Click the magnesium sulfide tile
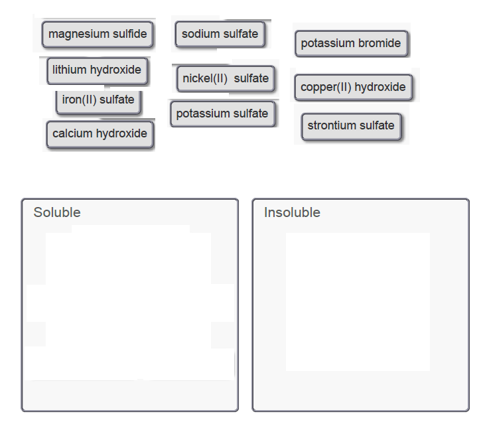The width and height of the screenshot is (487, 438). [x=98, y=35]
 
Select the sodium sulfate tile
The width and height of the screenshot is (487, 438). [x=220, y=35]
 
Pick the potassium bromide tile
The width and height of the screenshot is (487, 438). [x=351, y=44]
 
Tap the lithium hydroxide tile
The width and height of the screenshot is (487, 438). [x=97, y=70]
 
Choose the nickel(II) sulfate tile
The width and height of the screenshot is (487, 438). [x=226, y=79]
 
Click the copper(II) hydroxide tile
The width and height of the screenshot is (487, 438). [x=353, y=88]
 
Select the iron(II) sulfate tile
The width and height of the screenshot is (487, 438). [x=98, y=100]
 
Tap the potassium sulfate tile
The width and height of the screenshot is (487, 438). [x=222, y=114]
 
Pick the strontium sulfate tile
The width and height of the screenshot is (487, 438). [x=351, y=126]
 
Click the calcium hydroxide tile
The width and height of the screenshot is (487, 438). [x=100, y=134]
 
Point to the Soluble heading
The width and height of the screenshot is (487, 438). [x=57, y=213]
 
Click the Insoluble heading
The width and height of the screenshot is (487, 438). [x=292, y=213]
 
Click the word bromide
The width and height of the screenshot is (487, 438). [x=380, y=44]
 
